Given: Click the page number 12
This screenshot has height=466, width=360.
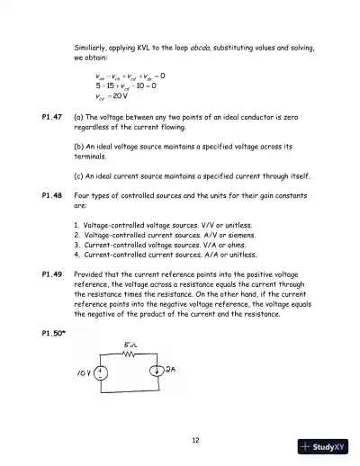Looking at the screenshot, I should [x=194, y=439].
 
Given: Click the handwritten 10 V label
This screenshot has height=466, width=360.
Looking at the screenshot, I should [x=86, y=372].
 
